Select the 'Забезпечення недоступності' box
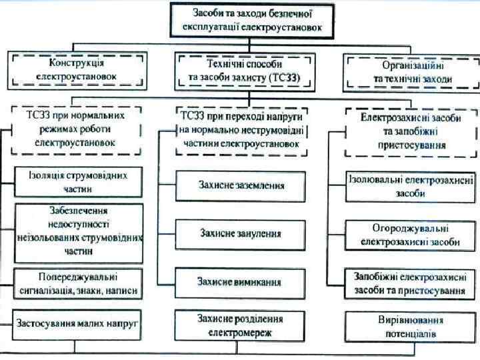79,230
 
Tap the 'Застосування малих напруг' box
79,324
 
